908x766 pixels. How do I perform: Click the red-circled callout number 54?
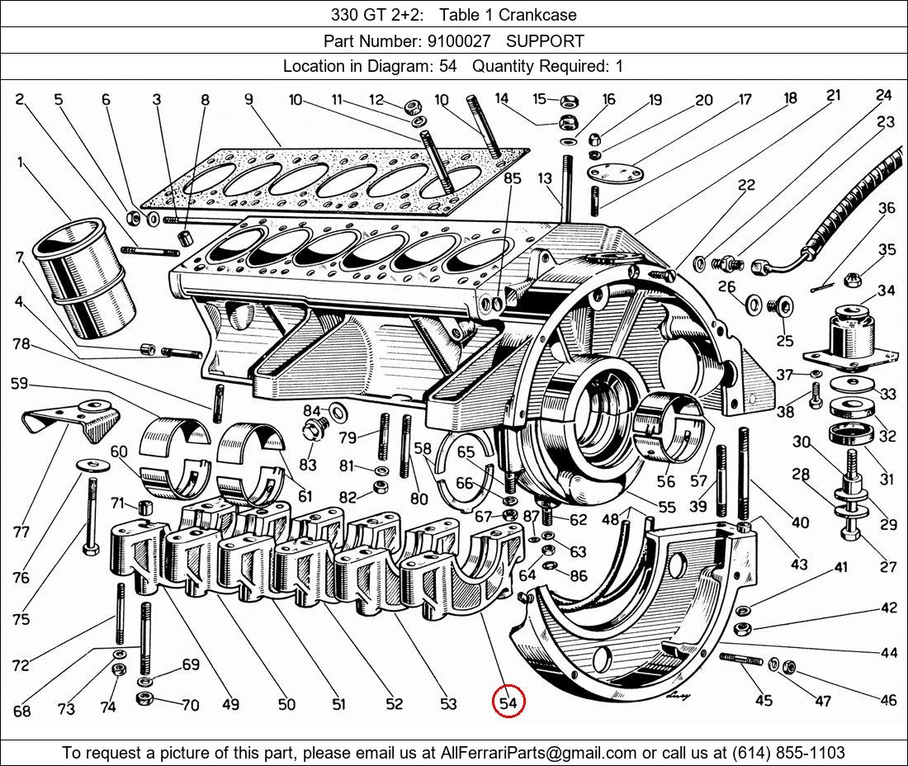[508, 703]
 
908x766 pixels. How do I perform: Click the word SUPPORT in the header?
[545, 41]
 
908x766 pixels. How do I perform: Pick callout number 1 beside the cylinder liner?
[19, 163]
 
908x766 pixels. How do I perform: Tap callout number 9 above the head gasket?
[248, 101]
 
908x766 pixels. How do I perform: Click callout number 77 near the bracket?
[22, 533]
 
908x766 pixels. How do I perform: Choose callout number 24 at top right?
[884, 96]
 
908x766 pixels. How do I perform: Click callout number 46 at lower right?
[887, 701]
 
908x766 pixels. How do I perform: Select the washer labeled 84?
[337, 410]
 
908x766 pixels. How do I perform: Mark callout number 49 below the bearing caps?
[230, 704]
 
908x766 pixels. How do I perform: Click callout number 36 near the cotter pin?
[887, 209]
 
